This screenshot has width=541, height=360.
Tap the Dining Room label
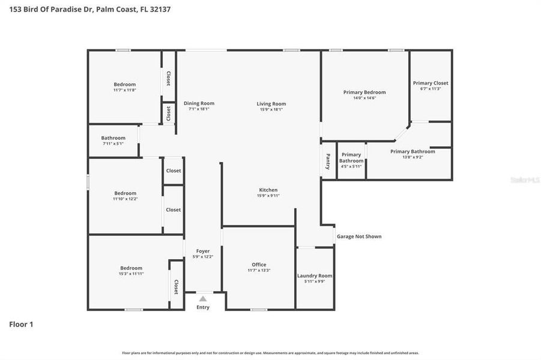tap(199, 103)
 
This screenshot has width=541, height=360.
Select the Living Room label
tap(271, 104)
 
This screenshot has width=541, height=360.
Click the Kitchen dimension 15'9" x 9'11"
tap(267, 196)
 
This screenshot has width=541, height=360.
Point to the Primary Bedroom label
tap(364, 92)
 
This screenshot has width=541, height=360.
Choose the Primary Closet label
tap(431, 83)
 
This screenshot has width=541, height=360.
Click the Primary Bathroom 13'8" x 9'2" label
tap(413, 152)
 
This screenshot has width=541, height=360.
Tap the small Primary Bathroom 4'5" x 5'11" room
tap(351, 160)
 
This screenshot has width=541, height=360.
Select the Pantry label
tap(328, 162)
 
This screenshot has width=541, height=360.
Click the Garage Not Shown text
tap(359, 236)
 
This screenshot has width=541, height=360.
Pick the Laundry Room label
tap(315, 276)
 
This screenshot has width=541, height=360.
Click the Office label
tap(259, 265)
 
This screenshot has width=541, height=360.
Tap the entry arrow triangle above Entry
tap(203, 298)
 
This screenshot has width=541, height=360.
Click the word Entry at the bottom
tap(203, 307)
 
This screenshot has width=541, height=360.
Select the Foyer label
tap(203, 251)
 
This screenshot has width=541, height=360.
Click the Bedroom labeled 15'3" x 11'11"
tap(131, 268)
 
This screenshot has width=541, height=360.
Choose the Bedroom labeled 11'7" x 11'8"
tap(125, 85)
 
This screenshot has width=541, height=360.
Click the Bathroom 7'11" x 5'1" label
tap(113, 138)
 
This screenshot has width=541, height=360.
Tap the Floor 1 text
tap(21, 324)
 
